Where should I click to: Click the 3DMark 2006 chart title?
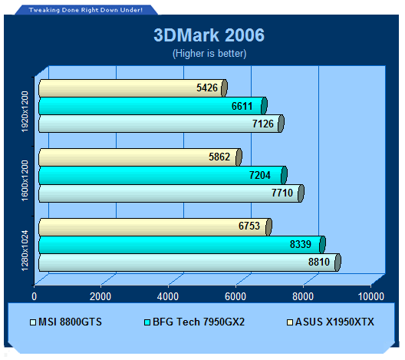tap(209, 35)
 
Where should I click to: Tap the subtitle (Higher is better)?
tap(209, 54)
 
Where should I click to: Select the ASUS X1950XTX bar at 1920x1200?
tap(133, 88)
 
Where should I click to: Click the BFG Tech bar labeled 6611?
tap(153, 106)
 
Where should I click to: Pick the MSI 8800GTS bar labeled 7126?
tap(161, 124)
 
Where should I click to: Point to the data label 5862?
tap(219, 157)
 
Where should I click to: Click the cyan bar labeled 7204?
tap(163, 175)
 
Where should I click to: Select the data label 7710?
tap(282, 193)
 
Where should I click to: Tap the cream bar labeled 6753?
tap(155, 227)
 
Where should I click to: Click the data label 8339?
tap(301, 244)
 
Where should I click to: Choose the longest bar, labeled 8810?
tap(189, 263)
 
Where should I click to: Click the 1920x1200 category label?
tap(25, 111)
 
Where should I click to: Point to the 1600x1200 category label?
tap(25, 180)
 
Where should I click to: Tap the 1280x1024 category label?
tap(25, 250)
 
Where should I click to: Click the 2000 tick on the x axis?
tap(100, 296)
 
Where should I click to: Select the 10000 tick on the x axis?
tap(371, 296)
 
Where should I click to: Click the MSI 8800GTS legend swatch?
tap(33, 322)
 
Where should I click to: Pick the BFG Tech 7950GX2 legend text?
tap(199, 322)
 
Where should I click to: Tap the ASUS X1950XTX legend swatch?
tap(290, 322)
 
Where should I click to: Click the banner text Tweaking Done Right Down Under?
tap(85, 10)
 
